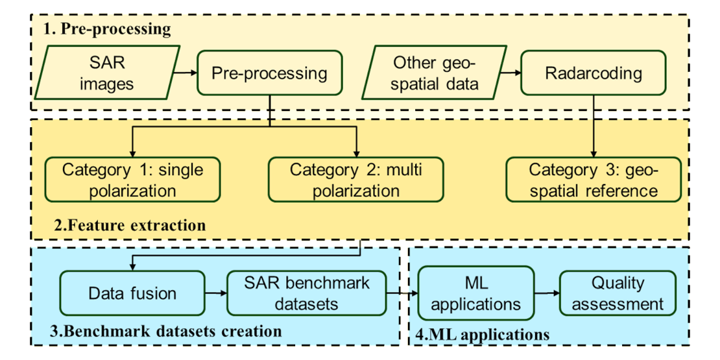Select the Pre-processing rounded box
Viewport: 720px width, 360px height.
pyautogui.click(x=269, y=73)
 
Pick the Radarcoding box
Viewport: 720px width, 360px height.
pyautogui.click(x=594, y=73)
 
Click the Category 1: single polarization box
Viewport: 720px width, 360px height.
pyautogui.click(x=132, y=180)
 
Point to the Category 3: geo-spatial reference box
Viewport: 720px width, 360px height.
pyautogui.click(x=594, y=180)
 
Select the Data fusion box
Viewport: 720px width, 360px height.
pyautogui.click(x=132, y=293)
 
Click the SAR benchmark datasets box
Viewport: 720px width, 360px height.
pyautogui.click(x=306, y=293)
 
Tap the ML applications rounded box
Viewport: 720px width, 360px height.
pyautogui.click(x=475, y=293)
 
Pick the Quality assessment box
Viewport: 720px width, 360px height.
pyautogui.click(x=618, y=293)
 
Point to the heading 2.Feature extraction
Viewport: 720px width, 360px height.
pyautogui.click(x=129, y=226)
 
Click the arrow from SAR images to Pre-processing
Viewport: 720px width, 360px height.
pyautogui.click(x=185, y=73)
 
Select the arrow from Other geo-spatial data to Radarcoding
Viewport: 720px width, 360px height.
pyautogui.click(x=509, y=73)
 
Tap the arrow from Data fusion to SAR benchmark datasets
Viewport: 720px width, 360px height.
pyautogui.click(x=215, y=293)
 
